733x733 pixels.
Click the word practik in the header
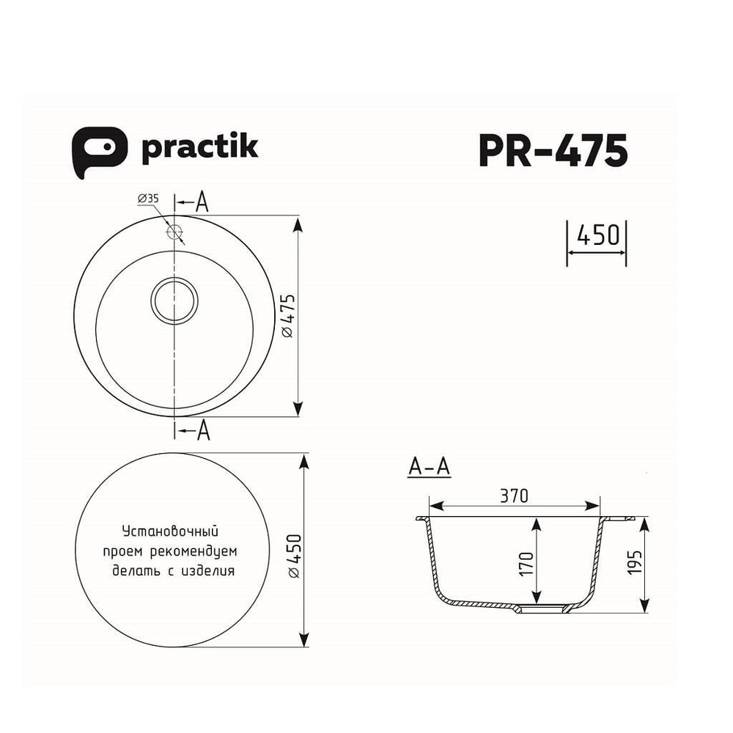[x=199, y=147]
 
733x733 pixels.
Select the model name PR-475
[x=552, y=150]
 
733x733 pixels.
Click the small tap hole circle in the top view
[x=174, y=232]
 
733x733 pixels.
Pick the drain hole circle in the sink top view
[x=174, y=299]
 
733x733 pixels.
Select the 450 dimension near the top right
[x=597, y=235]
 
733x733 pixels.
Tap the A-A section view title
[x=429, y=468]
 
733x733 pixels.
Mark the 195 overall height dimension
[x=634, y=563]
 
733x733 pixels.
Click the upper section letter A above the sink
[x=202, y=203]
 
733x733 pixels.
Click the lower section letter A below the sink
[x=203, y=432]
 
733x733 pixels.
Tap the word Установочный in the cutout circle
[x=170, y=530]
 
